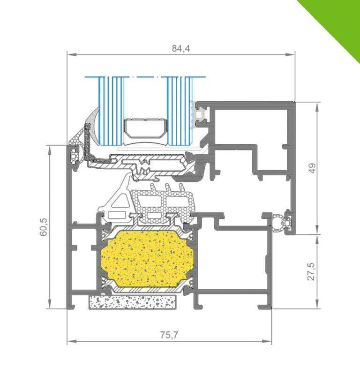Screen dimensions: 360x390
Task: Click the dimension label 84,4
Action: click(180, 48)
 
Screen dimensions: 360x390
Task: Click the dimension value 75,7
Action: click(169, 335)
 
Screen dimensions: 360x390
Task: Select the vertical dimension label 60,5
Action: click(43, 227)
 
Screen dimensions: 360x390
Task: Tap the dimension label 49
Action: click(312, 168)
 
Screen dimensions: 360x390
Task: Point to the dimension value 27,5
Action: click(311, 271)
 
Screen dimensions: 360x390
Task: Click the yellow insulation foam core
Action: click(147, 258)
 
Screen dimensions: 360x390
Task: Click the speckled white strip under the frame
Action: click(132, 302)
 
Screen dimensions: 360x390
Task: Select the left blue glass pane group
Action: click(111, 111)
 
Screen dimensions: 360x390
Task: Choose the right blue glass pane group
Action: click(180, 111)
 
